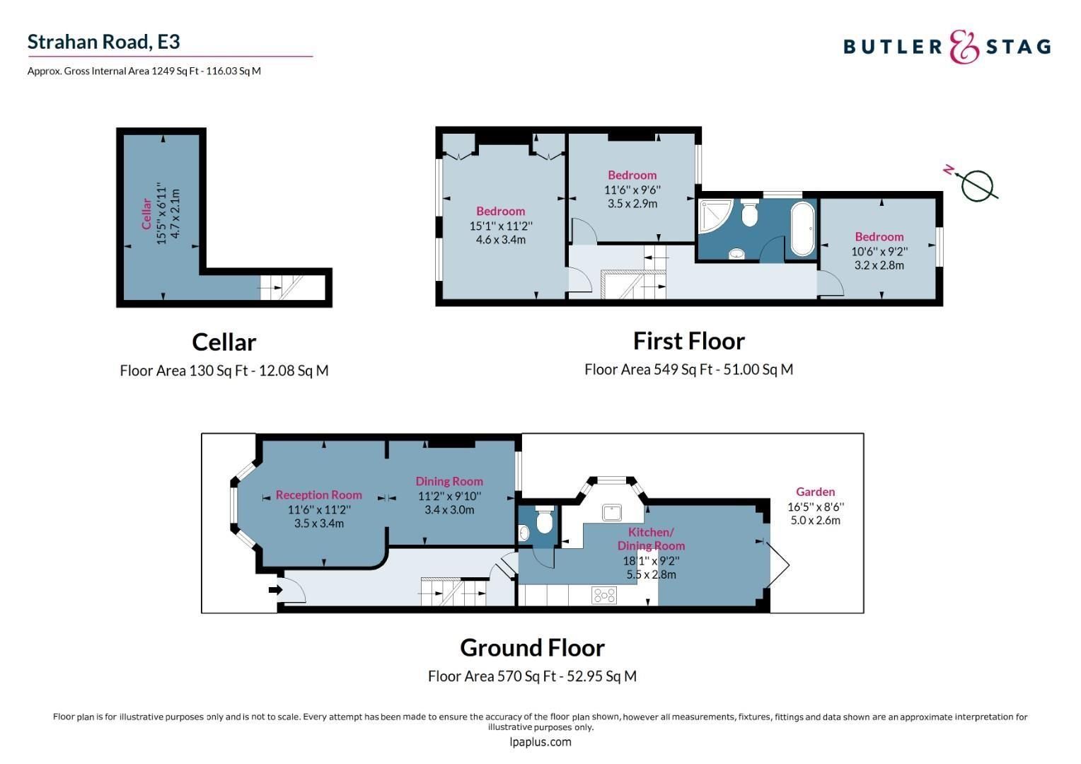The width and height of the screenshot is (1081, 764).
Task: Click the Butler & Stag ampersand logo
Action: [x=964, y=47]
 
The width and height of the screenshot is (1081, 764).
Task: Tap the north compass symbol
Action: [x=977, y=185]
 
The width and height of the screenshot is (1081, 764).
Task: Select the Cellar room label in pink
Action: [x=146, y=214]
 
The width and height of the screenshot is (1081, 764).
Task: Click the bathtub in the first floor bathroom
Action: [x=802, y=228]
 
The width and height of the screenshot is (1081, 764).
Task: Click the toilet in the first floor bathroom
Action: [x=750, y=214]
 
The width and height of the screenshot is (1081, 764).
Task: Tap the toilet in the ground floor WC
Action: [x=544, y=522]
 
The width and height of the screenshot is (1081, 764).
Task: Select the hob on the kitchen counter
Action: [x=604, y=596]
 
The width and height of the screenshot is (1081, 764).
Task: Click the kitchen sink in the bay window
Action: [x=612, y=512]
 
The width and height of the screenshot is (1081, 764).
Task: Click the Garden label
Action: [x=815, y=492]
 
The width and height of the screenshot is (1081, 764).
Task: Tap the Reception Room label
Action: [x=318, y=495]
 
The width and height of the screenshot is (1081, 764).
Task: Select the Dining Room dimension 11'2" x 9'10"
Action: [x=449, y=496]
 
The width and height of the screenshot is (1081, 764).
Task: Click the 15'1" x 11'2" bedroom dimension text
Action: [x=500, y=226]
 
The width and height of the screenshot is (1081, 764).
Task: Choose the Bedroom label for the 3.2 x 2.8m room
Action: [x=879, y=237]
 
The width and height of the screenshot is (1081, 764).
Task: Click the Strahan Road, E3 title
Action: [x=104, y=42]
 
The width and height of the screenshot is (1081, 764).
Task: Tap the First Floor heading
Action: [x=688, y=341]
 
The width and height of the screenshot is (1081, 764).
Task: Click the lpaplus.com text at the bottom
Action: [x=540, y=742]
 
